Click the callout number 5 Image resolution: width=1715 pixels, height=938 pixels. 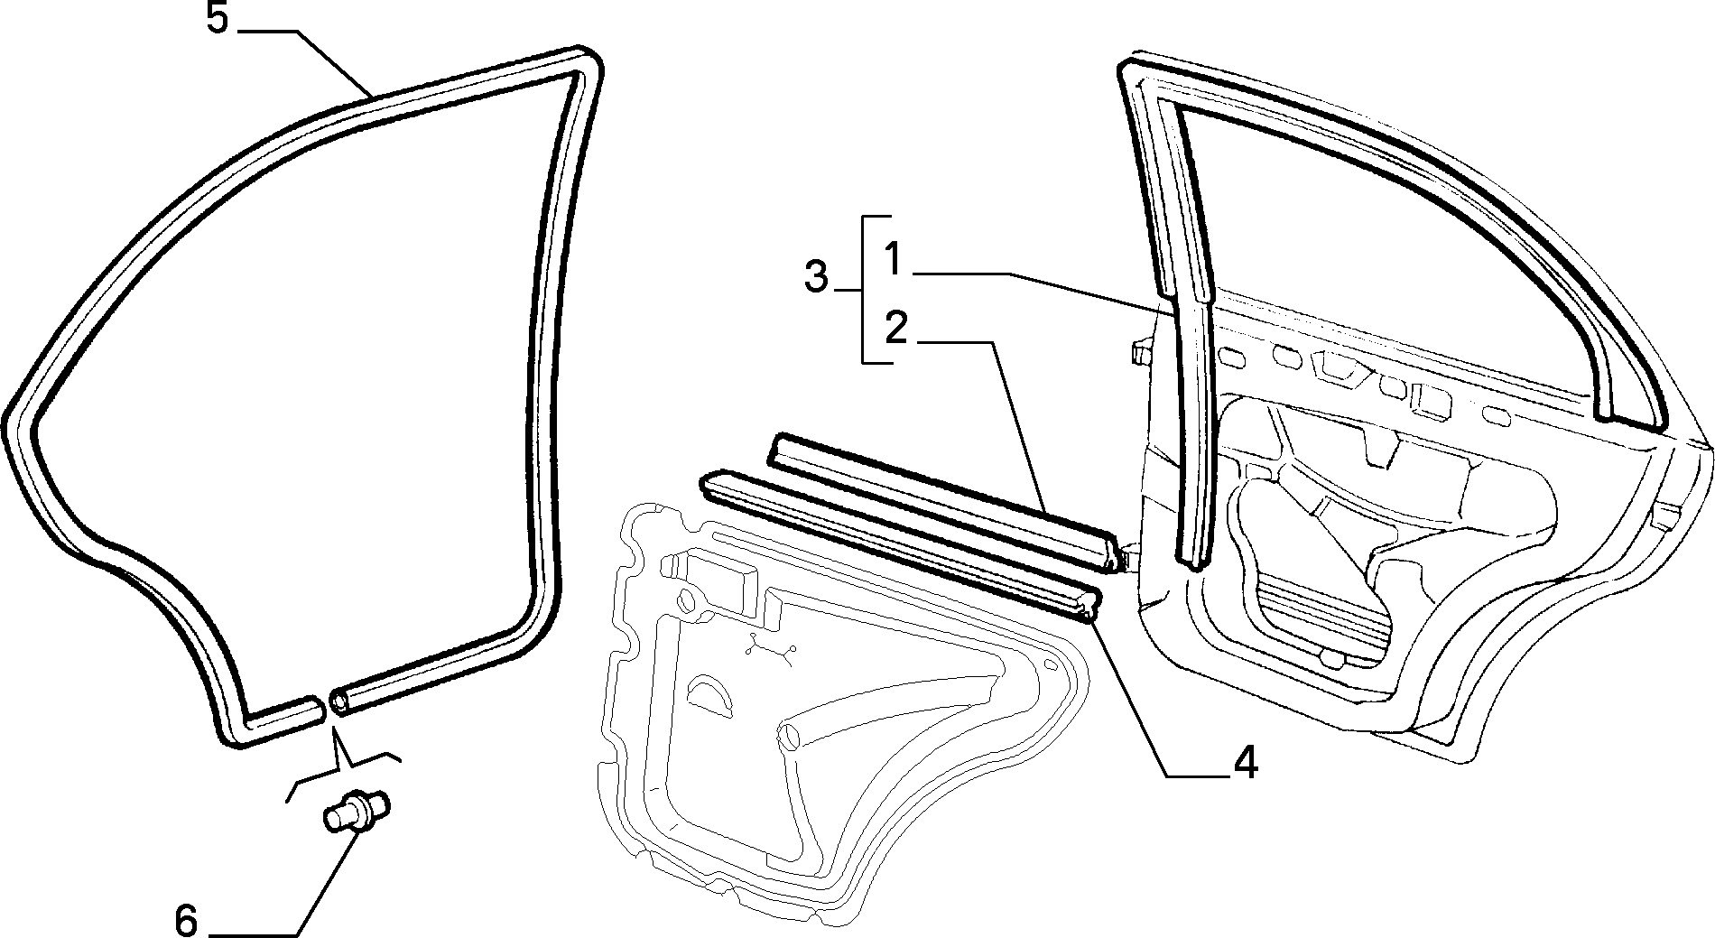coord(217,19)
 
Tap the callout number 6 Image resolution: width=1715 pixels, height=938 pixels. coord(185,920)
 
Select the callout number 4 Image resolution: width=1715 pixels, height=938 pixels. coord(1245,764)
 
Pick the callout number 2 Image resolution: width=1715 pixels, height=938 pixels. coord(895,328)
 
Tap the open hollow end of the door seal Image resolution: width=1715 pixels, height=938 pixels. coord(339,700)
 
